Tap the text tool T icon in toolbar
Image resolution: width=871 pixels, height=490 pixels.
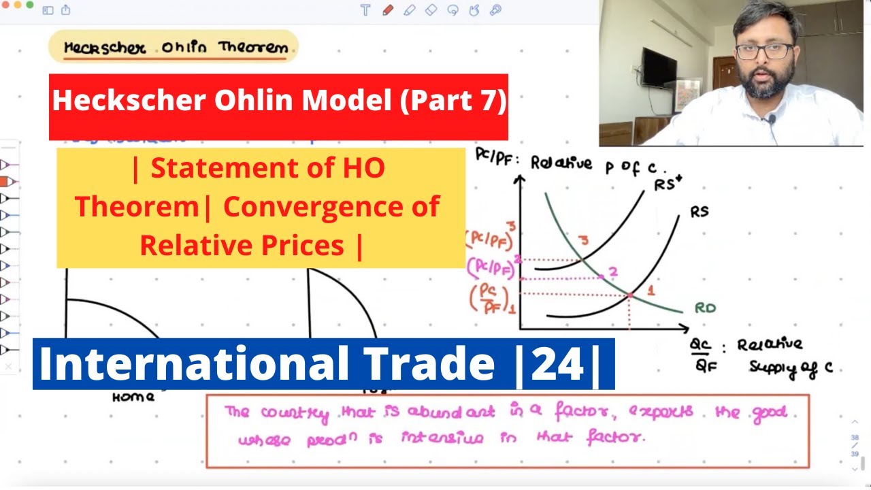366,10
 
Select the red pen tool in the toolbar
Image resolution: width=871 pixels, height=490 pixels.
388,10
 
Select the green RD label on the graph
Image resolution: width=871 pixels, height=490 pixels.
704,308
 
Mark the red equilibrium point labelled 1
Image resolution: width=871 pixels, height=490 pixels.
630,295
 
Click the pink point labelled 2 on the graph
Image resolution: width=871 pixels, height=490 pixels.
602,276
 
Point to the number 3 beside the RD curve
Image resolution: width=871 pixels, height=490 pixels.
582,240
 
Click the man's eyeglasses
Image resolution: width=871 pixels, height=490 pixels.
763,52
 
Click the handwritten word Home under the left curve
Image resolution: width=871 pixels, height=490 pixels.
133,397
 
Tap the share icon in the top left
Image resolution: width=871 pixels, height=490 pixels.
66,10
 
